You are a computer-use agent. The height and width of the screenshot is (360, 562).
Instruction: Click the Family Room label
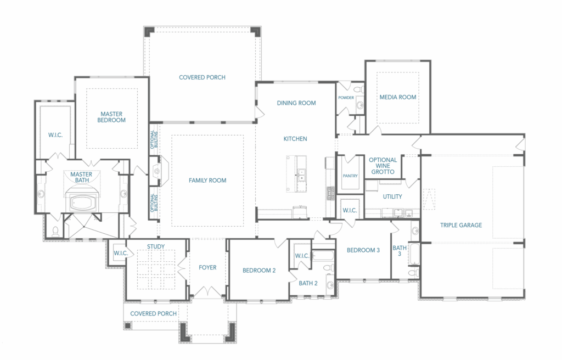207,181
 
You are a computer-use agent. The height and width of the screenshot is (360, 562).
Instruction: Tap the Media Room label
398,97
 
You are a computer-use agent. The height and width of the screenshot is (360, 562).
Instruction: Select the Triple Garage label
461,225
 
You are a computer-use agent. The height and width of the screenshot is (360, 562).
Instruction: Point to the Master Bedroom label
111,117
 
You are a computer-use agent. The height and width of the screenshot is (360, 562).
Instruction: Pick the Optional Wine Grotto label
383,166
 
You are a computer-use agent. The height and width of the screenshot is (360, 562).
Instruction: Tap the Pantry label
350,176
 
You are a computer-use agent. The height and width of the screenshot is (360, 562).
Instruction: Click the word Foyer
207,267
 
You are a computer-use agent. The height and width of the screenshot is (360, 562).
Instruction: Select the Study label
156,246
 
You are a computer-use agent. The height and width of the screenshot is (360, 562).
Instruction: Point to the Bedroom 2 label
259,271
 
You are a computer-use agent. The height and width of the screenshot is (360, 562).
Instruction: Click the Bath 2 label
308,283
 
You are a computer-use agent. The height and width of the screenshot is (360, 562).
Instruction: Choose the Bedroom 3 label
363,250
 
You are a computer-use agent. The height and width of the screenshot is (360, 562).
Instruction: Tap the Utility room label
392,196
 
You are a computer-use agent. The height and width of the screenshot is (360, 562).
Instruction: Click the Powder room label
346,98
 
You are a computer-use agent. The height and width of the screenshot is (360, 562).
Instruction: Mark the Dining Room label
296,103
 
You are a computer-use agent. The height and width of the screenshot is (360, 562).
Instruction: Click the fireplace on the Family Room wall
157,171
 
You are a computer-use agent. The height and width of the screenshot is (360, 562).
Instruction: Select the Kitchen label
295,139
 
